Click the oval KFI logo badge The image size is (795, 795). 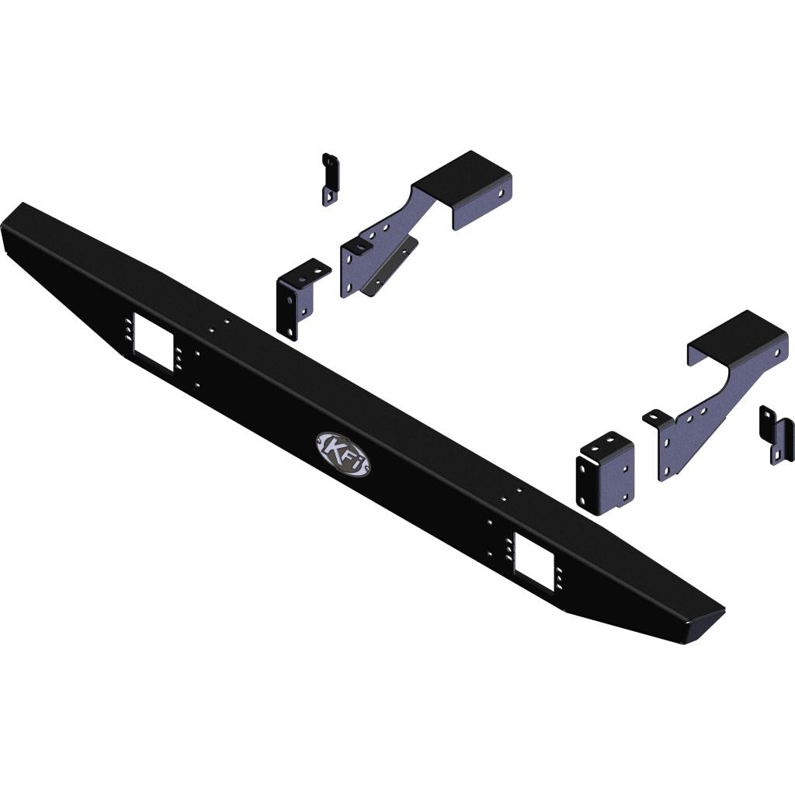point(342,453)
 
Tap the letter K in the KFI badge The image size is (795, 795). point(332,450)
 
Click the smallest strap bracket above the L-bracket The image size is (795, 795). point(330,179)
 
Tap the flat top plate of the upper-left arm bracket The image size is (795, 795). point(462,175)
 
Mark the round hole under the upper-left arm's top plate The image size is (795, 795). point(500,190)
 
